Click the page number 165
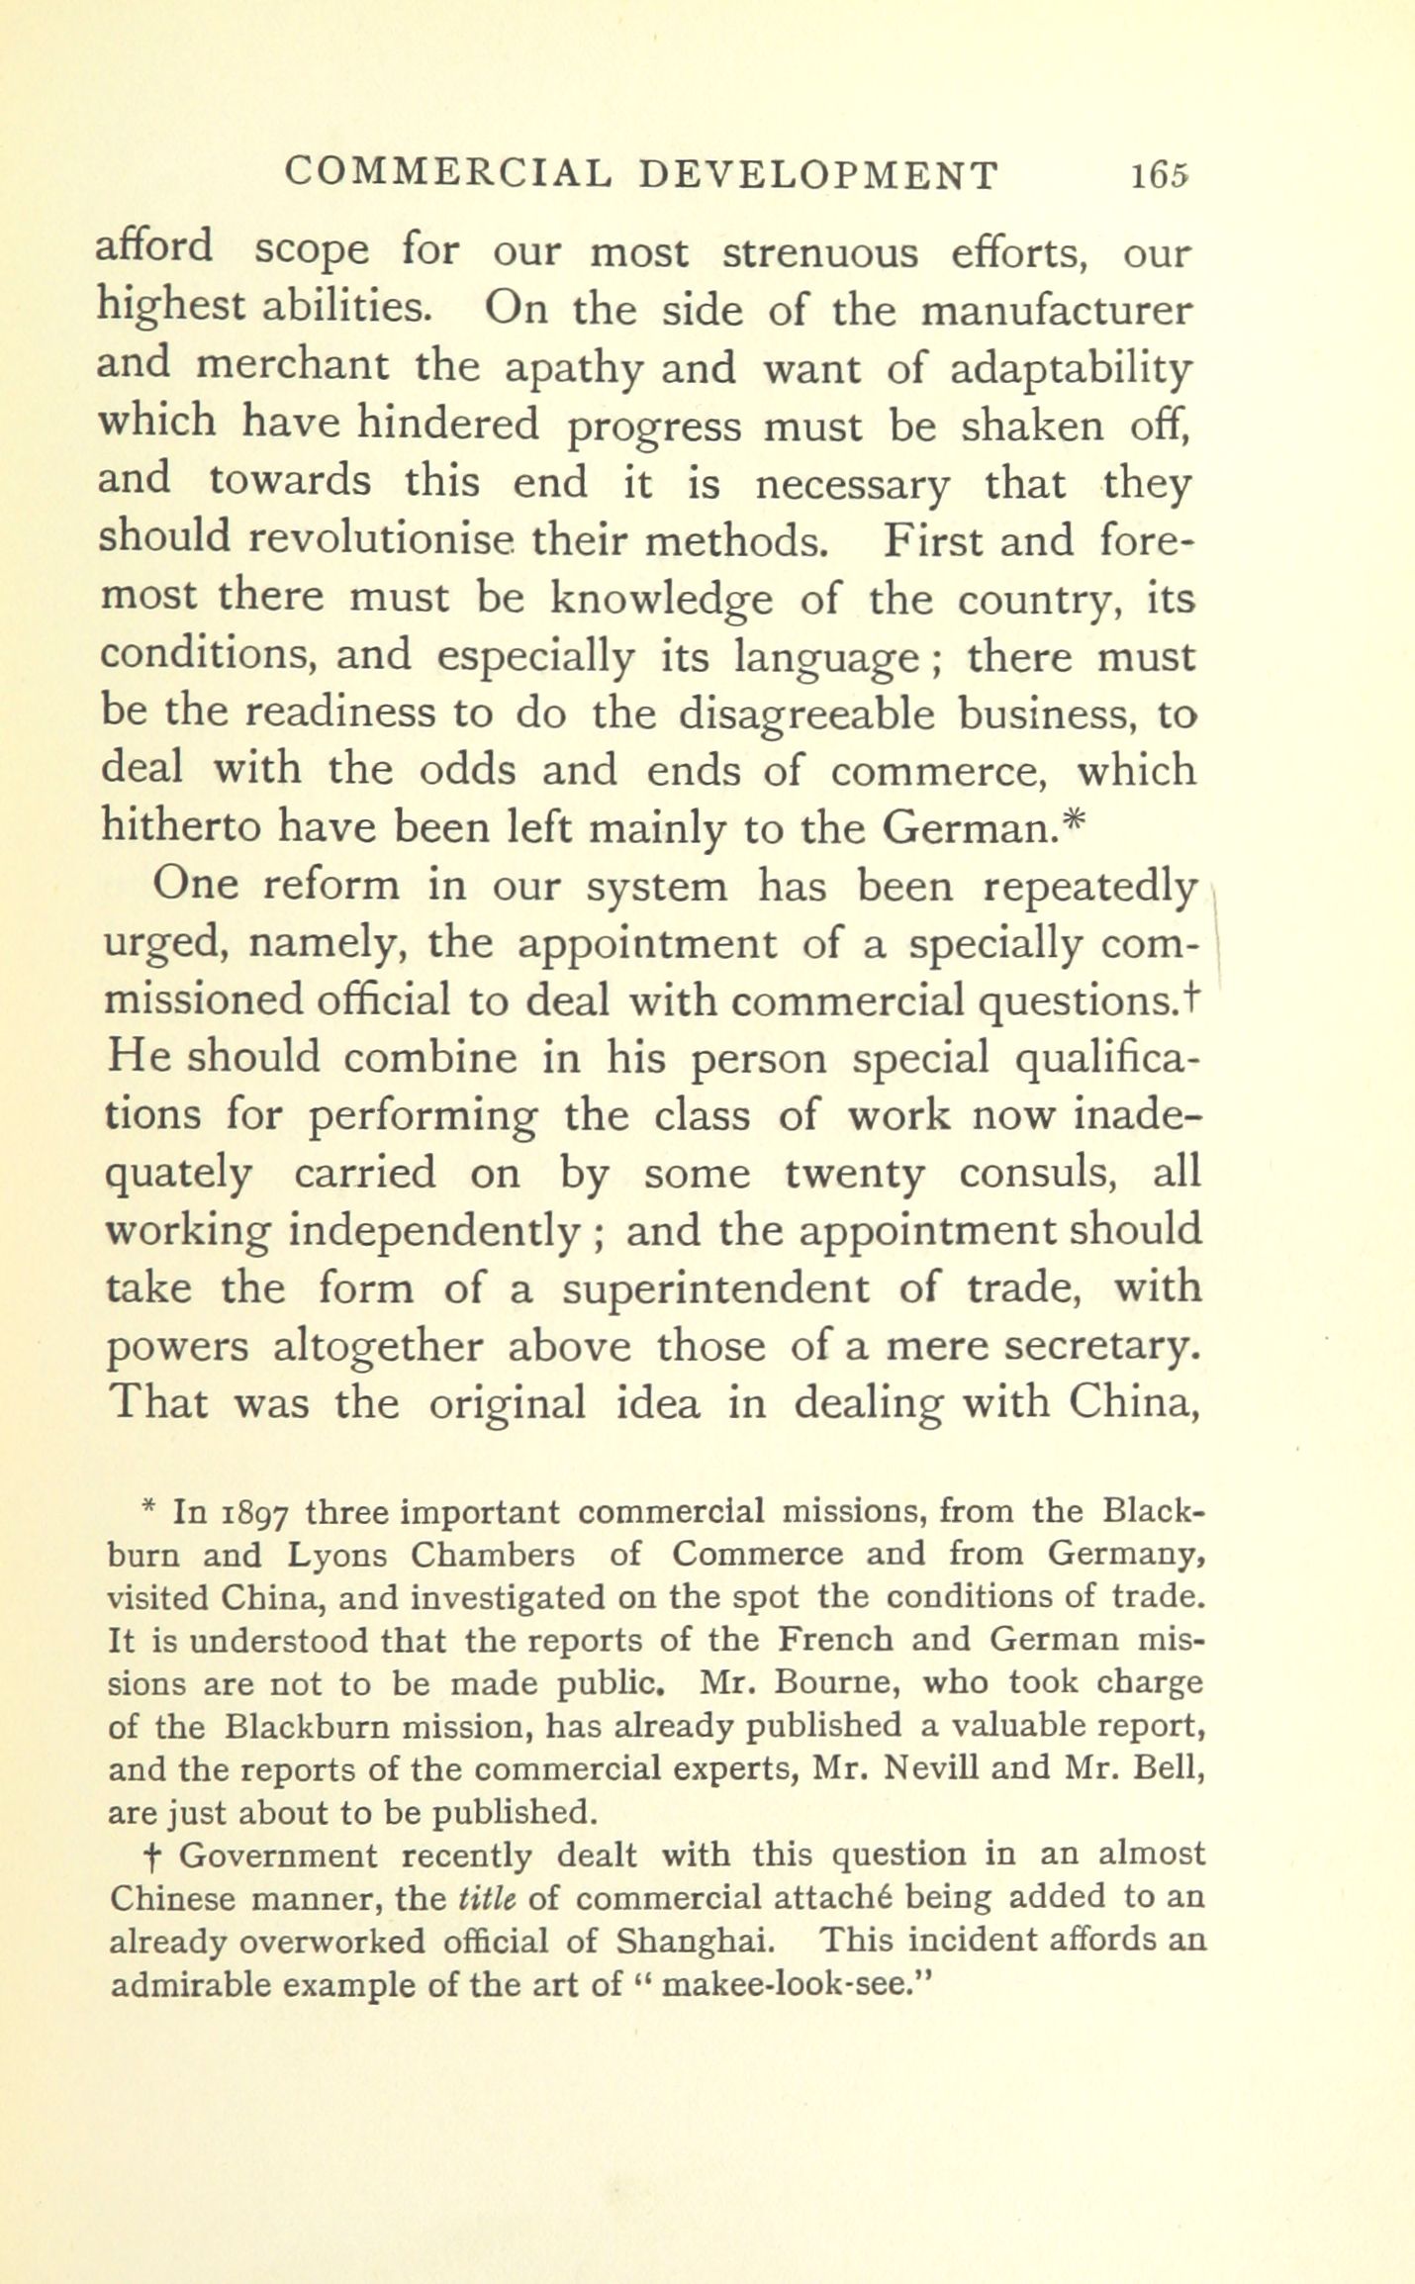[1160, 175]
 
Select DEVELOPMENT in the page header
[817, 174]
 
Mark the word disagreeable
[806, 714]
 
